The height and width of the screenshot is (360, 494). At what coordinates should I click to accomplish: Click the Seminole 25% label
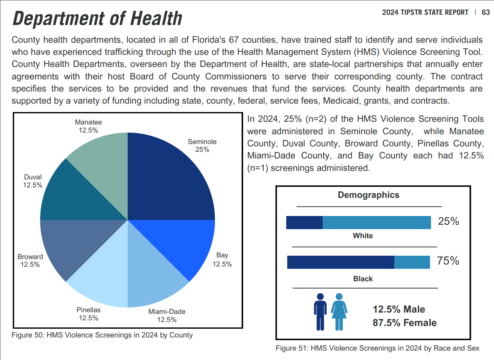[x=202, y=145]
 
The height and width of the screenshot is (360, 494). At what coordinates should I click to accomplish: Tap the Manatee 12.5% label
[x=88, y=126]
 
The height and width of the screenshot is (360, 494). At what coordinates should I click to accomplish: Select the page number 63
[x=486, y=12]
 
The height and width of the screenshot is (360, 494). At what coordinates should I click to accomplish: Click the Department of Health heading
[x=97, y=19]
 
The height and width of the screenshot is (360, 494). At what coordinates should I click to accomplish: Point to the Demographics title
[x=368, y=195]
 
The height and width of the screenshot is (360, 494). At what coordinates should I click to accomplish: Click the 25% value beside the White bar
[x=448, y=221]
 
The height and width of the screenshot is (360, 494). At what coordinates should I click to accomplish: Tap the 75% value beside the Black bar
[x=448, y=261]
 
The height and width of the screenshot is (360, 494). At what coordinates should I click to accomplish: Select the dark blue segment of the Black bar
[x=340, y=262]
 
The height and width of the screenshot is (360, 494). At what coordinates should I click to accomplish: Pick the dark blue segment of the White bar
[x=304, y=222]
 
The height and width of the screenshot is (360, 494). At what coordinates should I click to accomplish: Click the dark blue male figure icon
[x=320, y=312]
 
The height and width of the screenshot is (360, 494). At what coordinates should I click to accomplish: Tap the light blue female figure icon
[x=339, y=312]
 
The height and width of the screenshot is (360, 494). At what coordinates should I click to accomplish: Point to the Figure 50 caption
[x=102, y=335]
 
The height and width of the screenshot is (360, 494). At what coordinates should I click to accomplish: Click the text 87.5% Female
[x=404, y=323]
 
